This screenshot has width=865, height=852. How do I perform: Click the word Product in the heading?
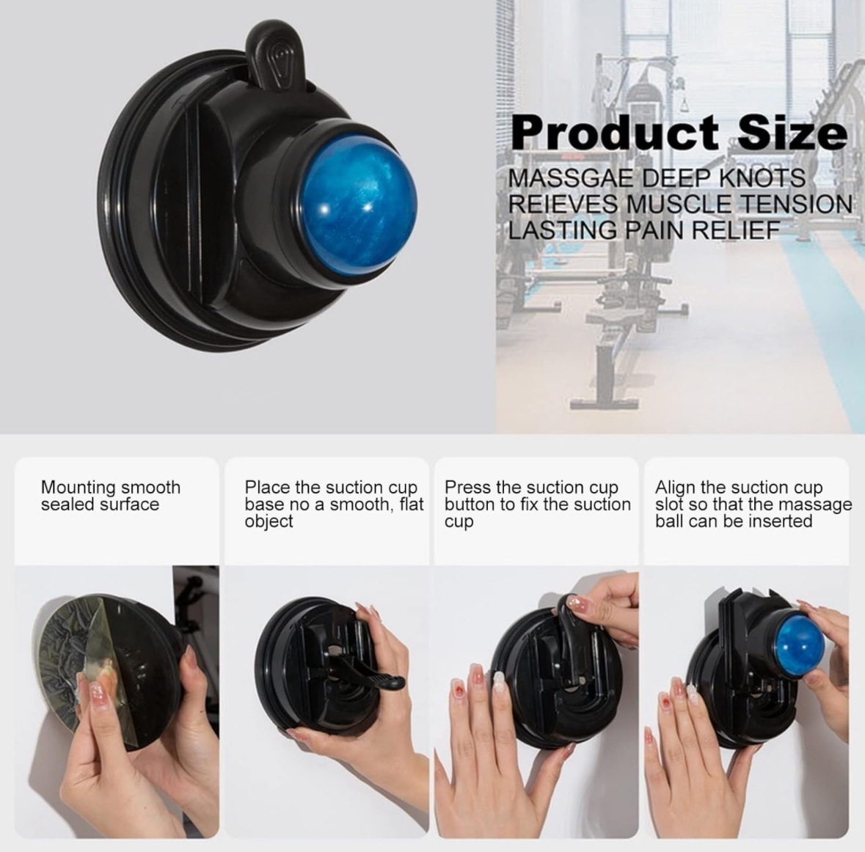coord(614,133)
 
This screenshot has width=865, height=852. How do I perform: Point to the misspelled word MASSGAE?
coord(572,179)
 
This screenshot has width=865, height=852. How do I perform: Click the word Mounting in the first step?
coord(79,488)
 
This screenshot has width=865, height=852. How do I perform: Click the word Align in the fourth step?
coord(675,488)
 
